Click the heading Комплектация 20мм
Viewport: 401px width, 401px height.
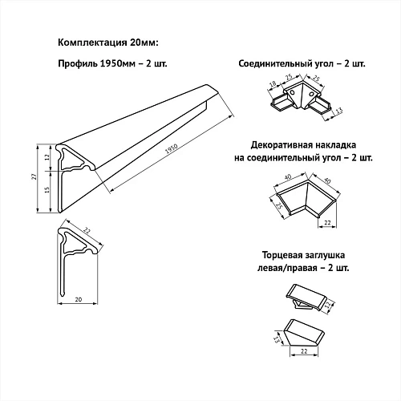pos(108,43)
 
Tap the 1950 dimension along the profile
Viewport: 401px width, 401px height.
pos(172,149)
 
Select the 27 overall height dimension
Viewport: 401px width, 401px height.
pos(34,176)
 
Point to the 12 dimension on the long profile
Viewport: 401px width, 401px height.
pos(47,157)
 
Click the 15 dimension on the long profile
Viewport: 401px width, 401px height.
pos(47,190)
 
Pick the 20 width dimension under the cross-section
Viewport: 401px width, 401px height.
pos(79,299)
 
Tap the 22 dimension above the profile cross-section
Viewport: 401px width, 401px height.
pos(87,231)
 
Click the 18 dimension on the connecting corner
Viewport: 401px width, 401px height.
pos(273,84)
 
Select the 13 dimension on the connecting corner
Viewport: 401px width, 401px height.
pos(338,111)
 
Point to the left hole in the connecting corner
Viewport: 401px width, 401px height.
pos(293,92)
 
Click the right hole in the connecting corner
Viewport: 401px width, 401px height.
pos(312,94)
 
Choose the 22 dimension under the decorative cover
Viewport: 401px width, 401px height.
pos(327,222)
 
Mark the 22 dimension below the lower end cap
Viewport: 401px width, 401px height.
pos(304,351)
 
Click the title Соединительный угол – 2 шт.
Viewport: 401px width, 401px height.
pos(302,64)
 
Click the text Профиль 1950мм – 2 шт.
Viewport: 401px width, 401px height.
pos(112,64)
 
